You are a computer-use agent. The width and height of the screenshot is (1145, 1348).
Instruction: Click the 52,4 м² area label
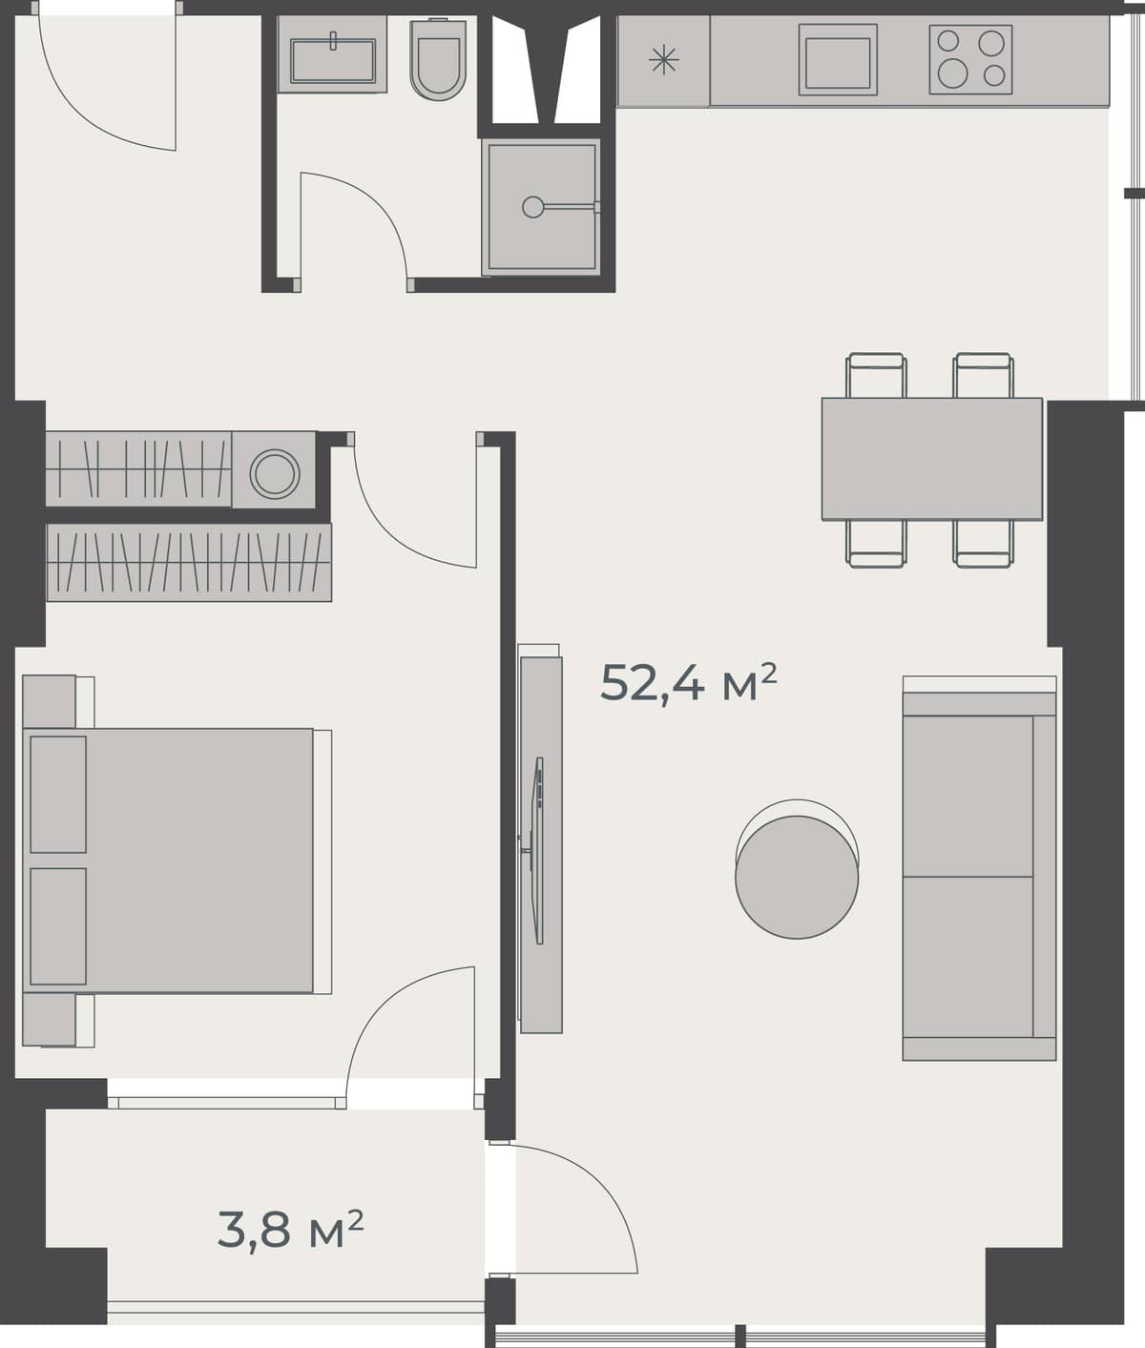tap(688, 682)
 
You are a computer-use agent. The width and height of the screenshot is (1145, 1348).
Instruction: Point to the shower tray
tap(541, 206)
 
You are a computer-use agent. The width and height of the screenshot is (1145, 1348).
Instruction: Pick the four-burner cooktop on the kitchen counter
tap(970, 59)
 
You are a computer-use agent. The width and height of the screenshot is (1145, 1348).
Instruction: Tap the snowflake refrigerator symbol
tap(663, 62)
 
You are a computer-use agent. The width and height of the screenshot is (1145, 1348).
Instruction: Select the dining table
tap(931, 459)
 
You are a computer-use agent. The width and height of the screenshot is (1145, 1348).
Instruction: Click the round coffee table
tap(797, 876)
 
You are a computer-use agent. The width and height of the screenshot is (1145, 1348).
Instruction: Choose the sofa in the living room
tap(978, 876)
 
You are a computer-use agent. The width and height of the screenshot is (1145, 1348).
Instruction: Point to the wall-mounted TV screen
tap(538, 849)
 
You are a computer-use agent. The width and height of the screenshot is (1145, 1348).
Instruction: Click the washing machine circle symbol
tap(275, 471)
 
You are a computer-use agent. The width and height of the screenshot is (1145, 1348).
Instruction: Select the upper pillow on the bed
tap(58, 794)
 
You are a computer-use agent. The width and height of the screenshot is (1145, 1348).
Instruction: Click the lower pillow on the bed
tap(58, 925)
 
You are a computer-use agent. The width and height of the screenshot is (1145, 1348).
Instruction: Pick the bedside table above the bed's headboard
tap(49, 701)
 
